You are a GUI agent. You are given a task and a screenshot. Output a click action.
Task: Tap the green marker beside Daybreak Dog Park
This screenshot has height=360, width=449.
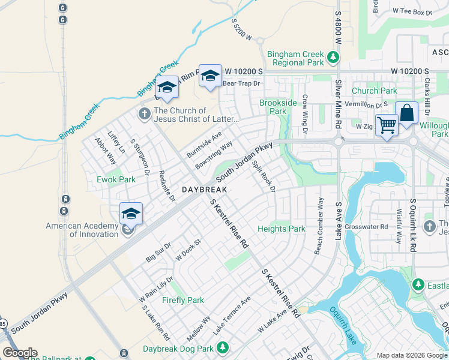point(223,347)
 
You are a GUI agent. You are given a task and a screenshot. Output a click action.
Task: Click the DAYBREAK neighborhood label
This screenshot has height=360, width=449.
point(204,189)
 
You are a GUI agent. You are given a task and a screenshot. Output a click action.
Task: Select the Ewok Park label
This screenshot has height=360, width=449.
point(116,179)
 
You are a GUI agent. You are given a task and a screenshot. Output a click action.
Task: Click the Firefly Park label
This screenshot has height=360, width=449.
point(183,300)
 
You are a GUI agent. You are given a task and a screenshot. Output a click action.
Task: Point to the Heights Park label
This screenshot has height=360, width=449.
point(282,229)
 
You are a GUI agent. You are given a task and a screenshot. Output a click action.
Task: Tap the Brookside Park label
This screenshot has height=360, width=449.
point(278,107)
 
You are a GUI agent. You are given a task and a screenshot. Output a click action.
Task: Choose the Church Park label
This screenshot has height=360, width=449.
point(375,91)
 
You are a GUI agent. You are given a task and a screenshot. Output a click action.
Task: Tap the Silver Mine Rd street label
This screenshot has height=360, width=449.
point(338,104)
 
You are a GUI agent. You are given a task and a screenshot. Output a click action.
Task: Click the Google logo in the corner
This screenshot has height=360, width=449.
point(20,353)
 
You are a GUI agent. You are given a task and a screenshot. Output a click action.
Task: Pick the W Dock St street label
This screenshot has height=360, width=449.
point(187,250)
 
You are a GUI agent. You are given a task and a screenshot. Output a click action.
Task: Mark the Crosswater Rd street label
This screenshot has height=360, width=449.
point(372,227)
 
